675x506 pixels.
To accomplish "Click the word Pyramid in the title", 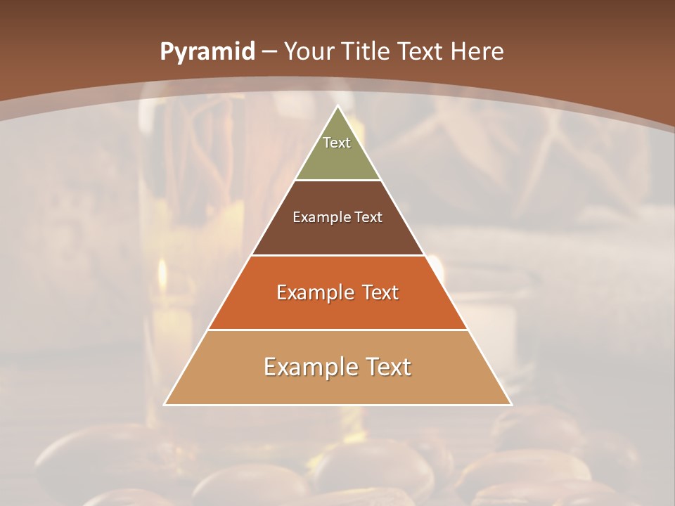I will click(207, 52).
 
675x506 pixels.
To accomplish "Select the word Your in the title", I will click(310, 52).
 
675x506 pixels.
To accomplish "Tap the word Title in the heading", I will click(366, 52).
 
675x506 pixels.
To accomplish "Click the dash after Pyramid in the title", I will click(269, 52).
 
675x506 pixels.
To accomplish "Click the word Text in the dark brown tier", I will click(369, 218).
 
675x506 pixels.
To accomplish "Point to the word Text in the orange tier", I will click(380, 292).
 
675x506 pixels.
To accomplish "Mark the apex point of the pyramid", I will click(337, 106).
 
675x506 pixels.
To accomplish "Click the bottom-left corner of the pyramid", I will click(165, 405).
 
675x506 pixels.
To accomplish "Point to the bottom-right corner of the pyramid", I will click(511, 405).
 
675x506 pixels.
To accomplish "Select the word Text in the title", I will click(421, 52).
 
